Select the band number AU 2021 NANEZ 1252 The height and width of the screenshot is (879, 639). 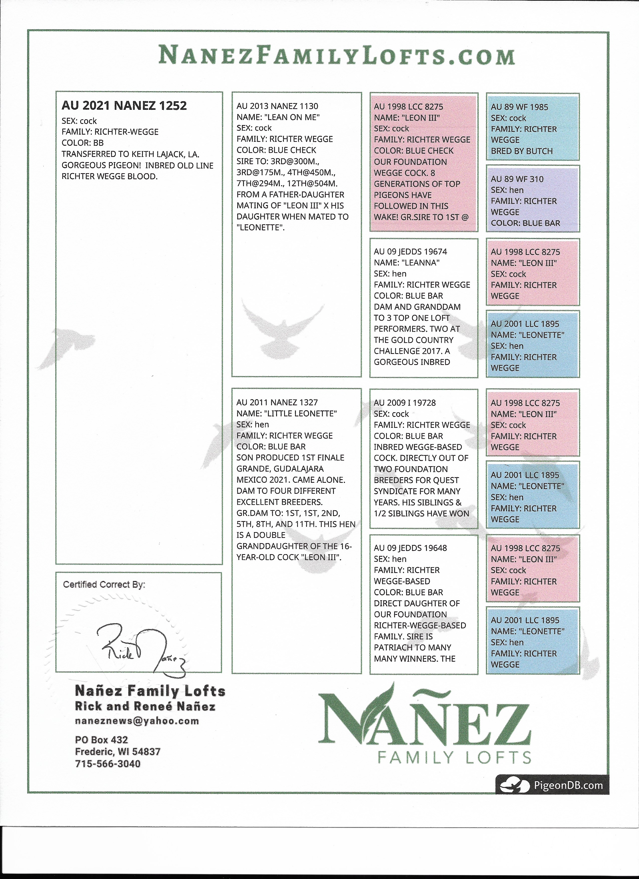click(x=124, y=106)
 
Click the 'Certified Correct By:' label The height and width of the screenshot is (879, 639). click(x=104, y=585)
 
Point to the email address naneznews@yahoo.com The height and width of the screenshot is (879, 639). click(x=137, y=721)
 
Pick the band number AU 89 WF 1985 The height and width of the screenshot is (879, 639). click(x=519, y=107)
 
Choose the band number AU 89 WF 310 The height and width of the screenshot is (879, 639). click(x=517, y=179)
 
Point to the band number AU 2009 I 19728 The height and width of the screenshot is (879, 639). click(x=404, y=403)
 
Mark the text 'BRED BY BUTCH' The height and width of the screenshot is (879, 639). click(x=521, y=151)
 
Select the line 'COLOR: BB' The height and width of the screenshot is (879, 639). click(x=82, y=143)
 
